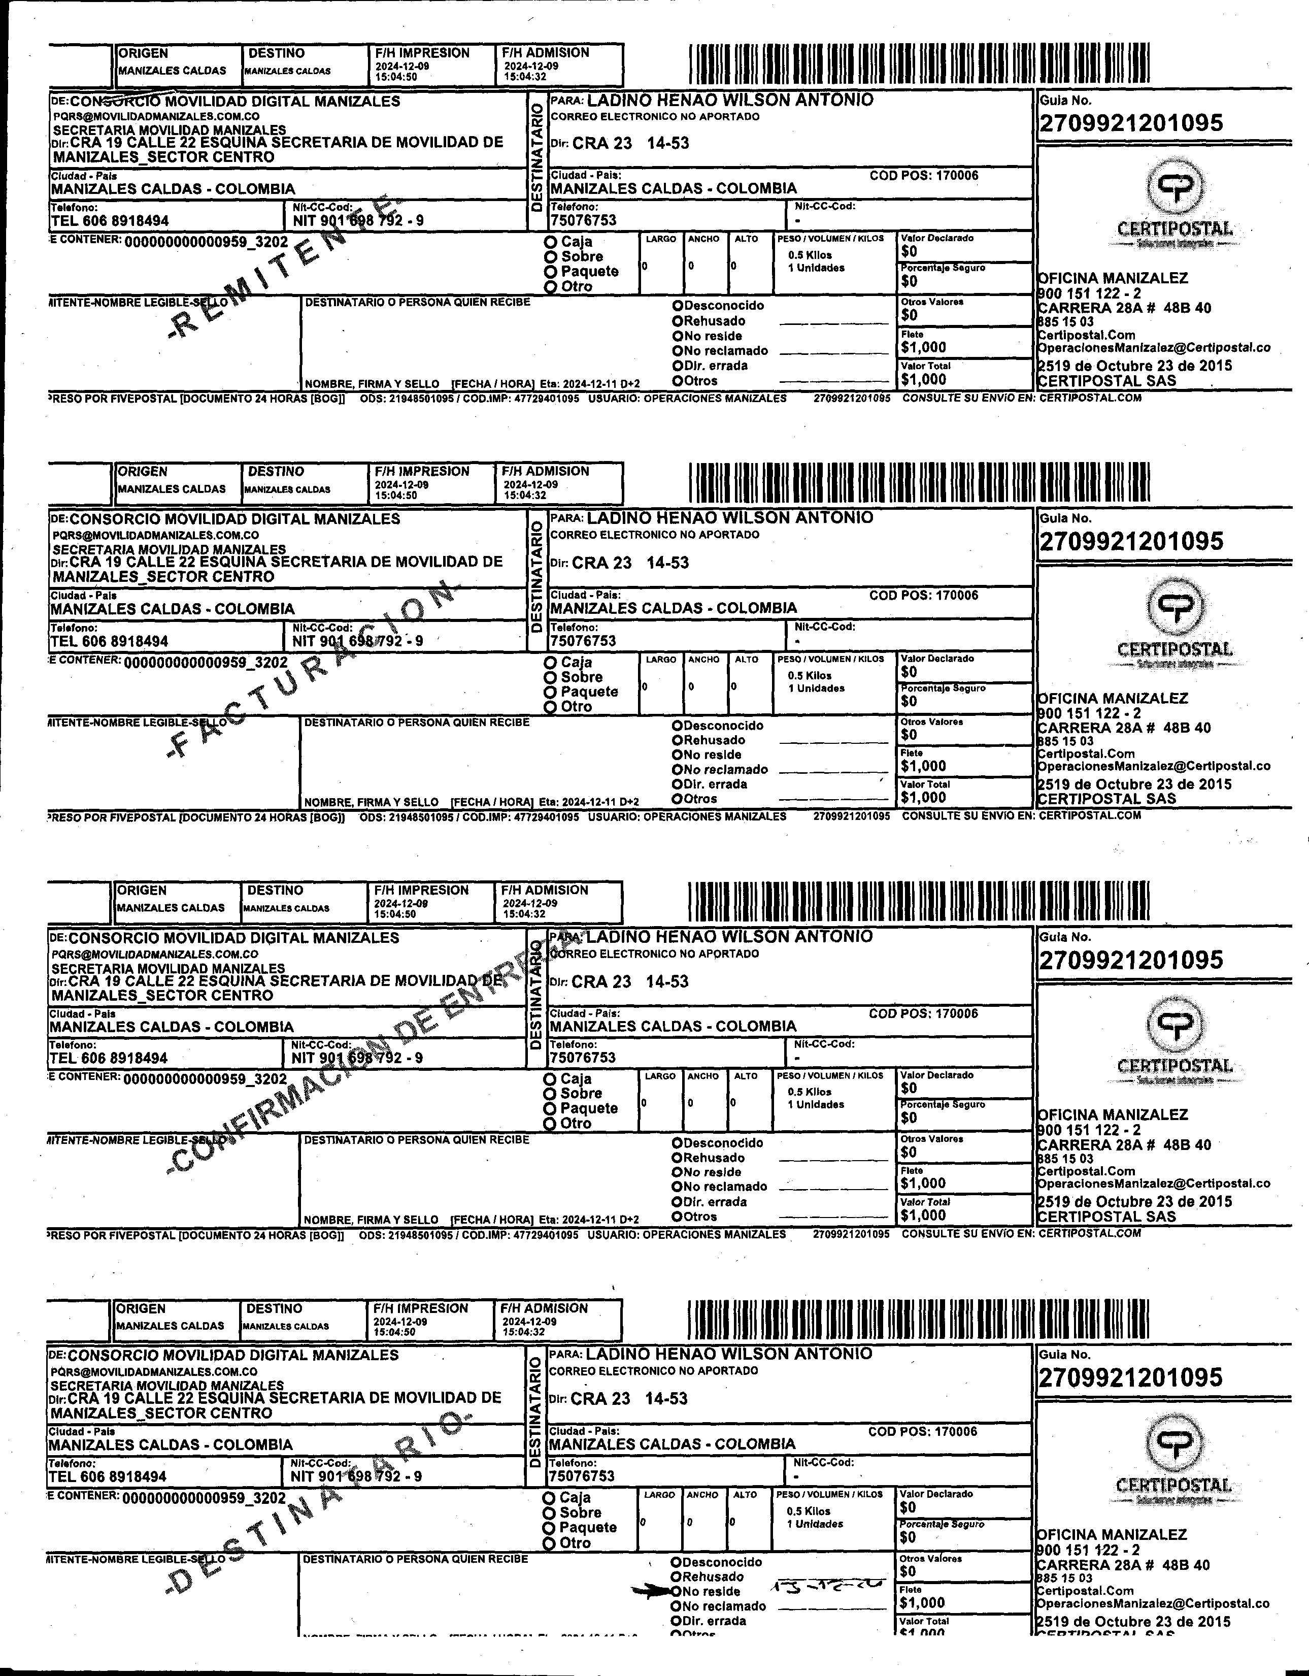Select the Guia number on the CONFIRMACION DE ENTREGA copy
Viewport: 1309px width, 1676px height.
1130,960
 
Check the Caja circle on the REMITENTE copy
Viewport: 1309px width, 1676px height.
550,242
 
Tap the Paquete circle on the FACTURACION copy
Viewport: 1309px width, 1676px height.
550,692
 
